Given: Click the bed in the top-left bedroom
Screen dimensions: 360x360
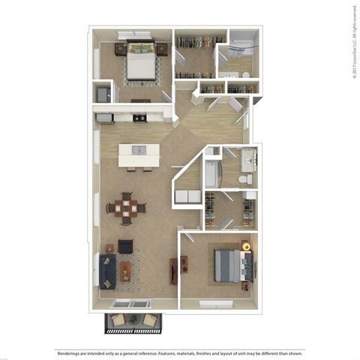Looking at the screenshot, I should pos(139,63).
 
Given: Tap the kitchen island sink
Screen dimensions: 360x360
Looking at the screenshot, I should pos(139,151).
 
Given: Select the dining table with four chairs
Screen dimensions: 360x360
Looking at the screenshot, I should pos(126,208).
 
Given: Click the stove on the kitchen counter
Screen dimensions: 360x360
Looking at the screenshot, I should pos(139,118).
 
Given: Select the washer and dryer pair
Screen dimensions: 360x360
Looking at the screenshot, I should pos(184,197).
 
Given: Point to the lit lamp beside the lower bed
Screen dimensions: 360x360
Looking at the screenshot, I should pos(245,244).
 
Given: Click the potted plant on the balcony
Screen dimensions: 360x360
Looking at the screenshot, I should pos(133,321).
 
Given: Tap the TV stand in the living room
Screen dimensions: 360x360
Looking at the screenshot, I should pos(174,270).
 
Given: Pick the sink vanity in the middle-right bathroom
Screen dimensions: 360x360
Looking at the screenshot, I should pos(250,158).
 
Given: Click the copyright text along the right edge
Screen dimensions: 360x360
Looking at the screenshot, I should pos(352,41).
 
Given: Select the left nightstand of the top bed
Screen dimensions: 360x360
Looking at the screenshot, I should pos(120,49).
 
